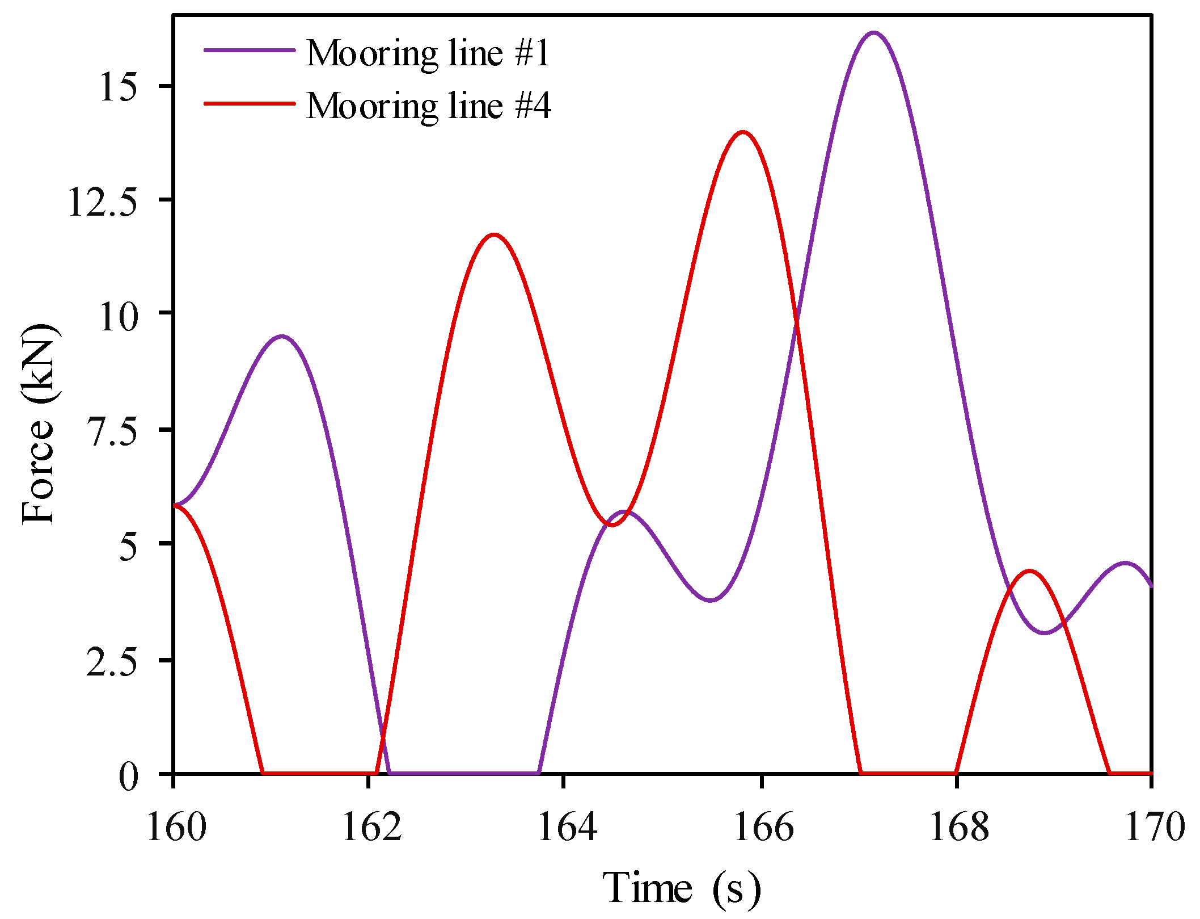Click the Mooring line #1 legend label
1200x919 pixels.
pos(428,53)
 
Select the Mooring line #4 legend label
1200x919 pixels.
pos(428,106)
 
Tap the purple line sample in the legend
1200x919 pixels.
pos(250,50)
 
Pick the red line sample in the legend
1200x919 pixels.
pos(250,103)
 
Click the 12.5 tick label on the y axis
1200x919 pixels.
pos(103,202)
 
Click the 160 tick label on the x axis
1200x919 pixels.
pos(176,826)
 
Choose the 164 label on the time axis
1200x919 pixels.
pos(567,826)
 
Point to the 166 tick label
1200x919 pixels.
pos(763,826)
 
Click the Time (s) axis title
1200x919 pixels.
pos(681,887)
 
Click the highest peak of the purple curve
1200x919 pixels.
pos(874,33)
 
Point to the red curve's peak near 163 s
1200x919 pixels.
pos(494,234)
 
